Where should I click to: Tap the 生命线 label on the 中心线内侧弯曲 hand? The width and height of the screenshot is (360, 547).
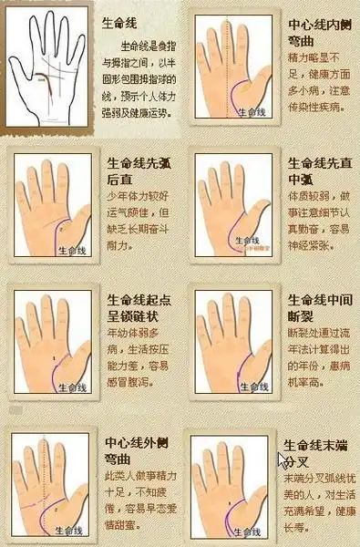(x=252, y=112)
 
